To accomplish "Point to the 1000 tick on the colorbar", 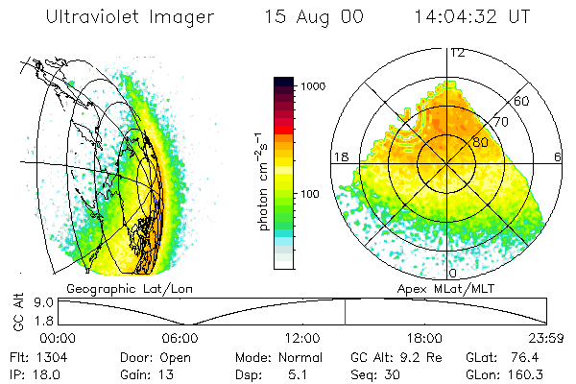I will click(314, 86).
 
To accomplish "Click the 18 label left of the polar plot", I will click(339, 157).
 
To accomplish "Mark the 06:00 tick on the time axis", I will click(180, 338).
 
